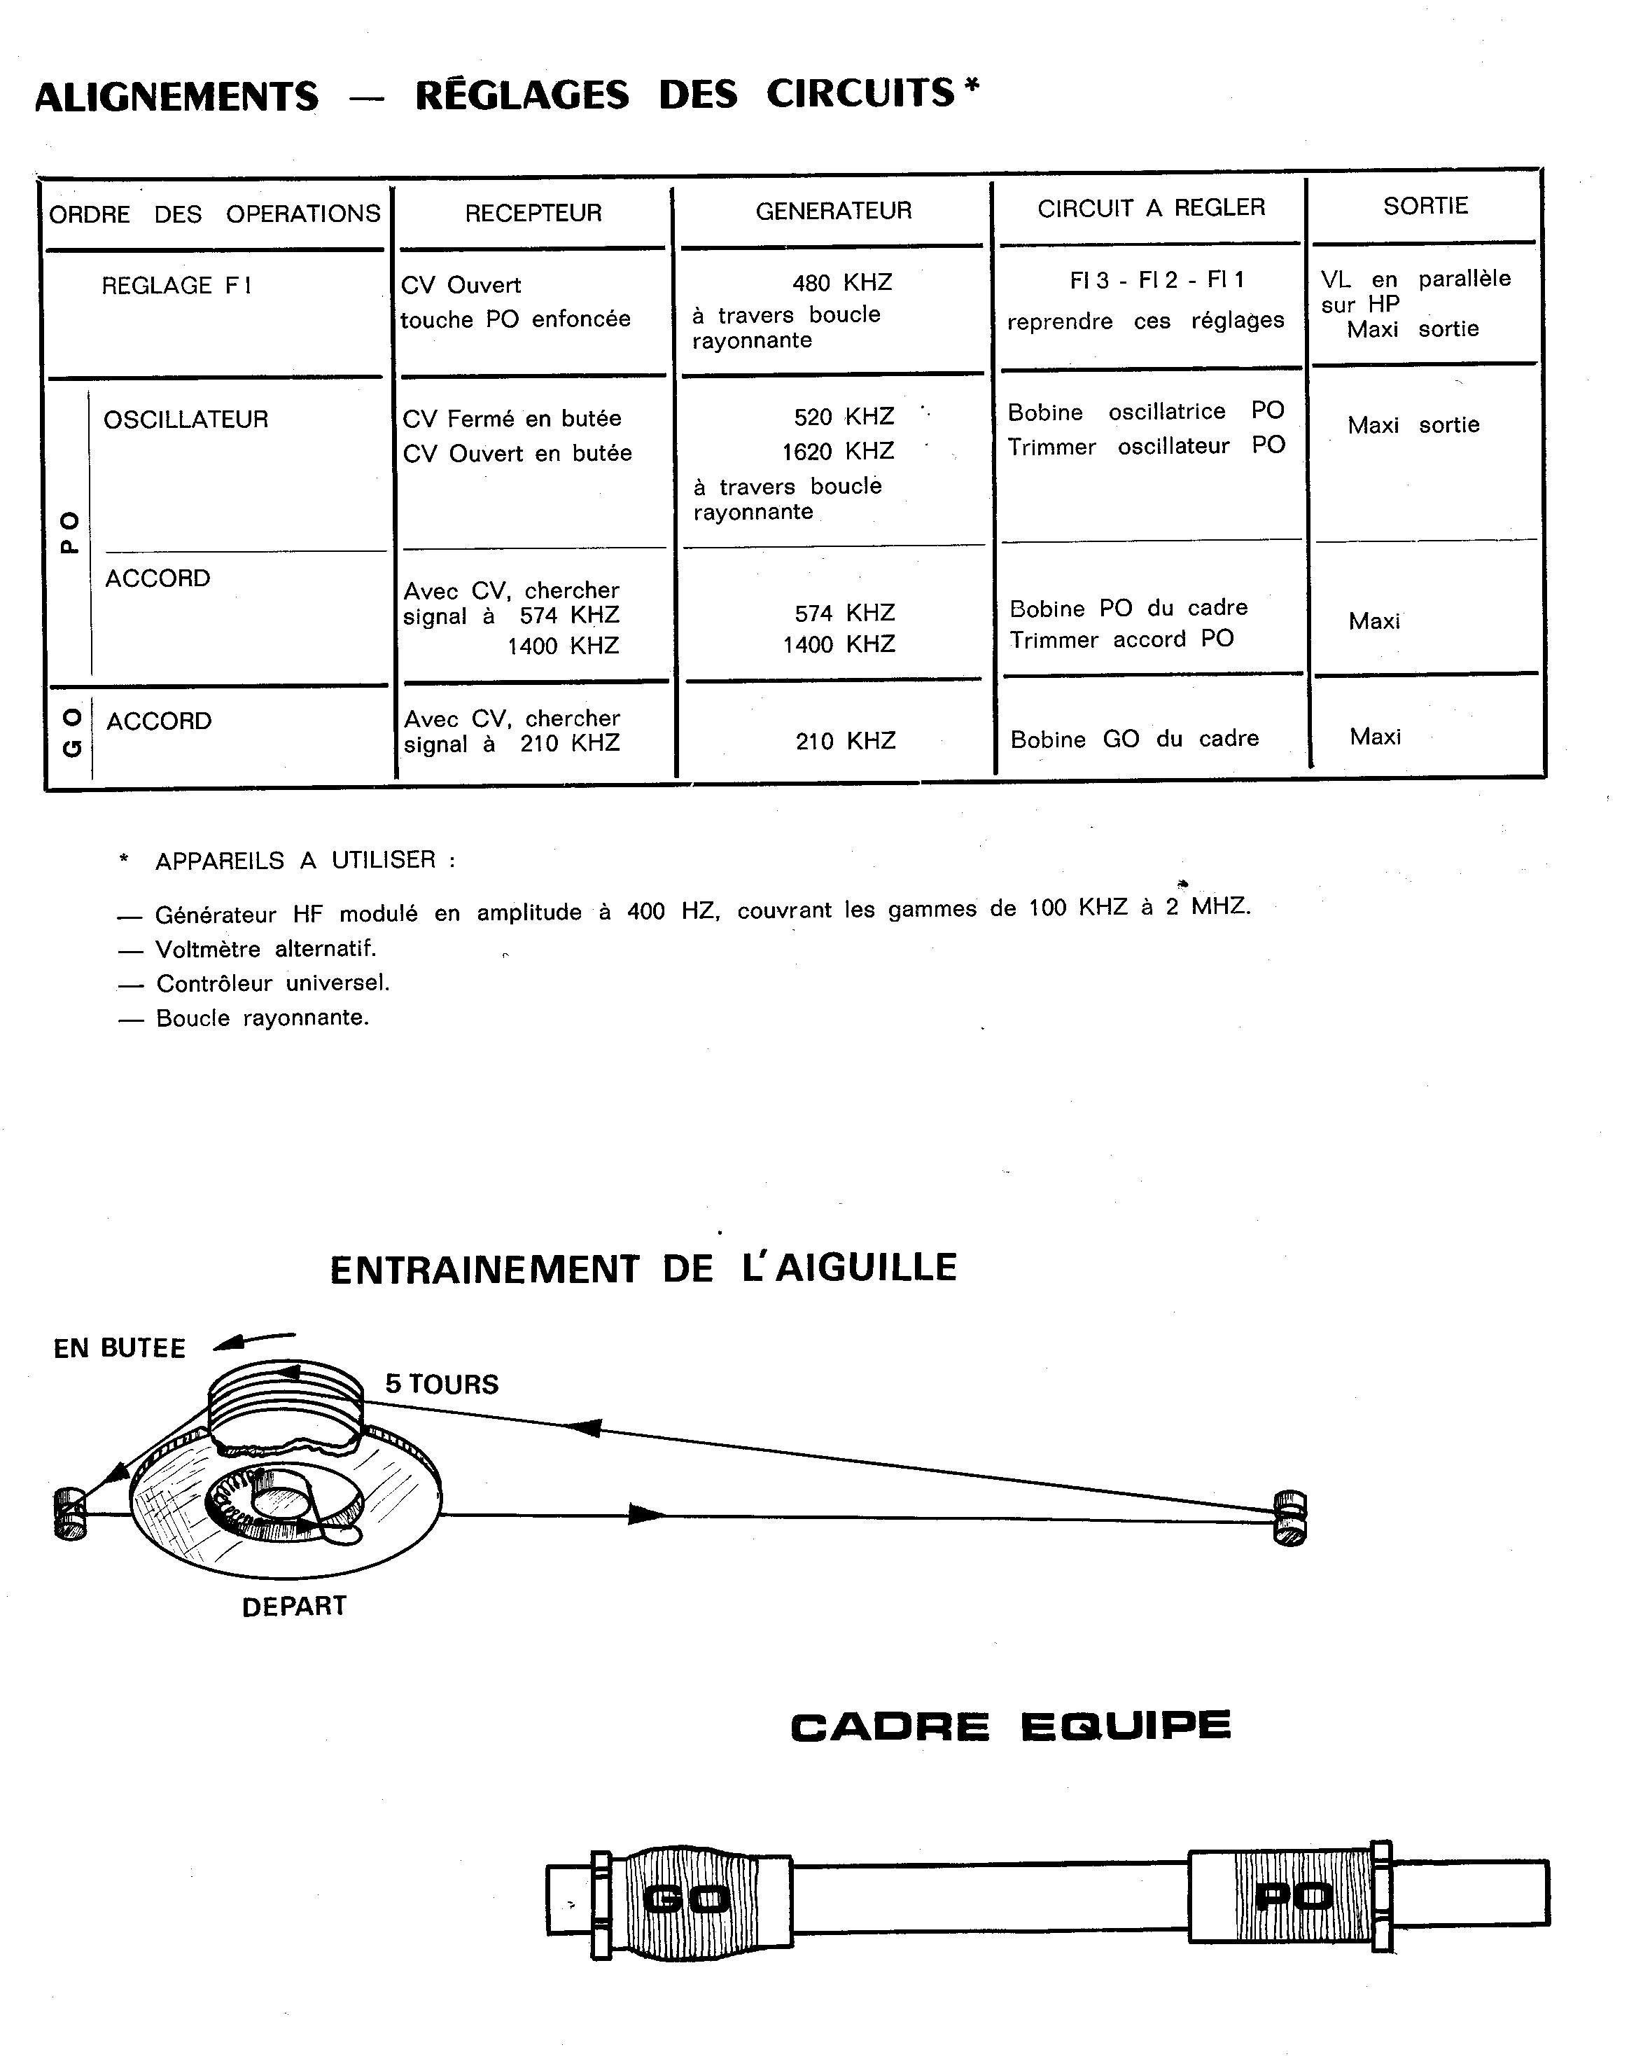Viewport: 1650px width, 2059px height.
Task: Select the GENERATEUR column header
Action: click(x=834, y=210)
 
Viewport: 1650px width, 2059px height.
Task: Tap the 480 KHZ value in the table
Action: click(x=842, y=283)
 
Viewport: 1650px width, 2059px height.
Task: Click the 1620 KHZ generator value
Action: click(x=837, y=451)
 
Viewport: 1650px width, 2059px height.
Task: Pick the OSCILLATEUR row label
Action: click(x=186, y=420)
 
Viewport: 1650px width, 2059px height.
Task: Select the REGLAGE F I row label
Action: click(x=176, y=286)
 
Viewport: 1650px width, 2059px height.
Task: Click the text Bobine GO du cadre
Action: click(x=1134, y=738)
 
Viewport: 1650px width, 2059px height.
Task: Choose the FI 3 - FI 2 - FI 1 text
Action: click(x=1156, y=280)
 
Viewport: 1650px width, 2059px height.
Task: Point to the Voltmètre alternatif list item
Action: click(x=265, y=949)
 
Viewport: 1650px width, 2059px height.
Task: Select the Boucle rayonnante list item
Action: click(x=262, y=1018)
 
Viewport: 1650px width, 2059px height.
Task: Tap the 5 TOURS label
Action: click(x=442, y=1385)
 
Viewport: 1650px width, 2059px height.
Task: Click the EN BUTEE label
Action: click(x=120, y=1348)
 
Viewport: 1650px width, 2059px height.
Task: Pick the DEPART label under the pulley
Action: click(x=294, y=1607)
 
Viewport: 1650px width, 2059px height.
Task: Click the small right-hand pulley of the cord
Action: click(x=1290, y=1518)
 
